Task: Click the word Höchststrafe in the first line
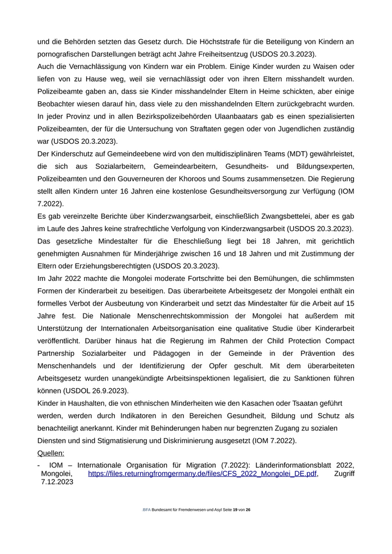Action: (210, 41)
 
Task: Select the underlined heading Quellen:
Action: (51, 453)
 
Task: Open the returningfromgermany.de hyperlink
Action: (203, 473)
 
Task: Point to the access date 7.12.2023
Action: (57, 482)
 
